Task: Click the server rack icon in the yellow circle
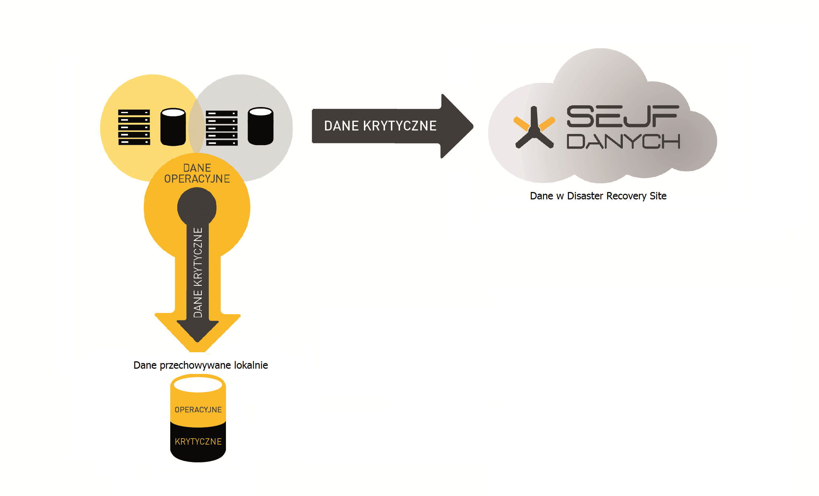[134, 127]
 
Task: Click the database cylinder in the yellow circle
[173, 127]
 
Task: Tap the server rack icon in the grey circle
[222, 128]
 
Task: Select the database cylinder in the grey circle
[261, 126]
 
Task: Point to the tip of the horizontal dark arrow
[473, 126]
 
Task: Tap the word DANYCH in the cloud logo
[623, 141]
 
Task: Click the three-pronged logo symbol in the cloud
[534, 128]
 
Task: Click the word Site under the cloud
[658, 196]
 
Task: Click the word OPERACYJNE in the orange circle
[197, 179]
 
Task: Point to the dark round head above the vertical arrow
[197, 206]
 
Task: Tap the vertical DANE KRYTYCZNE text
[198, 272]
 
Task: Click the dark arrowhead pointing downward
[198, 331]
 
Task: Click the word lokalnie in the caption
[251, 365]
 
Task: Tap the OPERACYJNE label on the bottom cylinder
[198, 410]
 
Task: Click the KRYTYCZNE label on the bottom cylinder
[198, 442]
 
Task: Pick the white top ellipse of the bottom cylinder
[198, 384]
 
